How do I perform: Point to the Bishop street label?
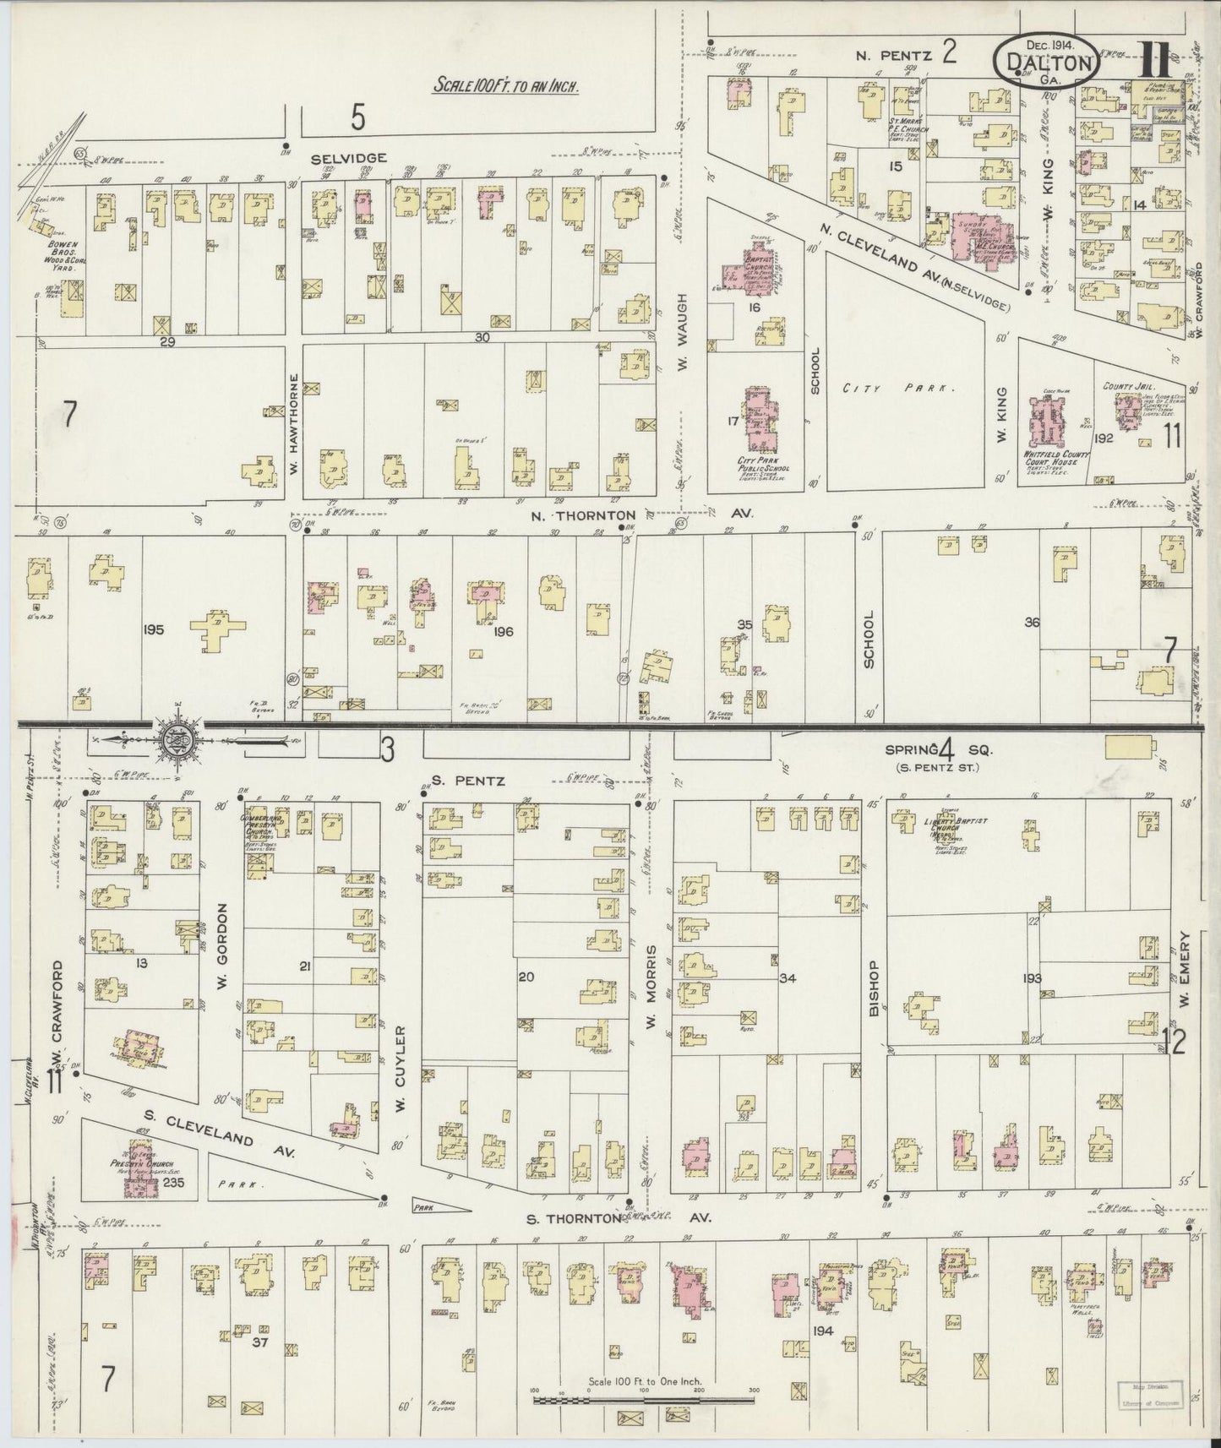875,988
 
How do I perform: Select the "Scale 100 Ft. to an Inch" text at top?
505,86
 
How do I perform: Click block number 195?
154,629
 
